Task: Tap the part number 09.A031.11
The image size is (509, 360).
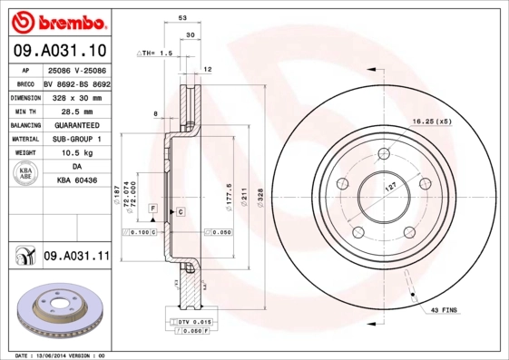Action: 76,257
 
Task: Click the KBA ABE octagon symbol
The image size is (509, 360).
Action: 26,175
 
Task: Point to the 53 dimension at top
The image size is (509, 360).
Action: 182,17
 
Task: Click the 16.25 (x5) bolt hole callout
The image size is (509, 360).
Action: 432,121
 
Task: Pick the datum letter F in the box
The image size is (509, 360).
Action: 152,209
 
